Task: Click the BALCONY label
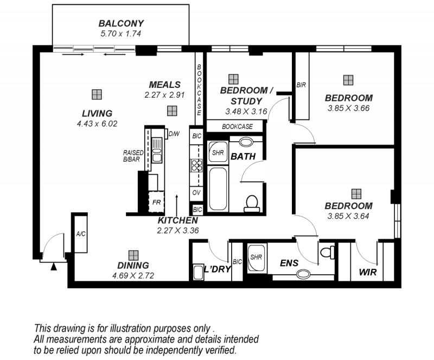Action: pos(121,23)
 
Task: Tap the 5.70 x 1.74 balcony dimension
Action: pos(120,34)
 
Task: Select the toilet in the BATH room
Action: pos(252,204)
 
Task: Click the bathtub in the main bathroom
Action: pos(218,188)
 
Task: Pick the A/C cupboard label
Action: pos(81,234)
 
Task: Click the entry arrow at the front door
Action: pos(54,267)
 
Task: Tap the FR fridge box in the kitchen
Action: pos(156,202)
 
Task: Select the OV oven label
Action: pos(196,192)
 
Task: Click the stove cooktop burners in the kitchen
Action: pos(196,166)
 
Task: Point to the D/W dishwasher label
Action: pos(174,134)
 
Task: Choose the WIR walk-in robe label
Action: pos(368,272)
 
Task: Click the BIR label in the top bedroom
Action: pos(301,85)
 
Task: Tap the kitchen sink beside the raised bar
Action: pos(157,150)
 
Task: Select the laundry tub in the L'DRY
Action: pos(198,272)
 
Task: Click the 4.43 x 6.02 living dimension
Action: pos(97,124)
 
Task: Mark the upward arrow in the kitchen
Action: pos(177,204)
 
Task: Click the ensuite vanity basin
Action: pos(304,274)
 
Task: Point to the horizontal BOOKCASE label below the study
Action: pos(237,127)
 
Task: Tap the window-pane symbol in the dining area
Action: pos(133,255)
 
